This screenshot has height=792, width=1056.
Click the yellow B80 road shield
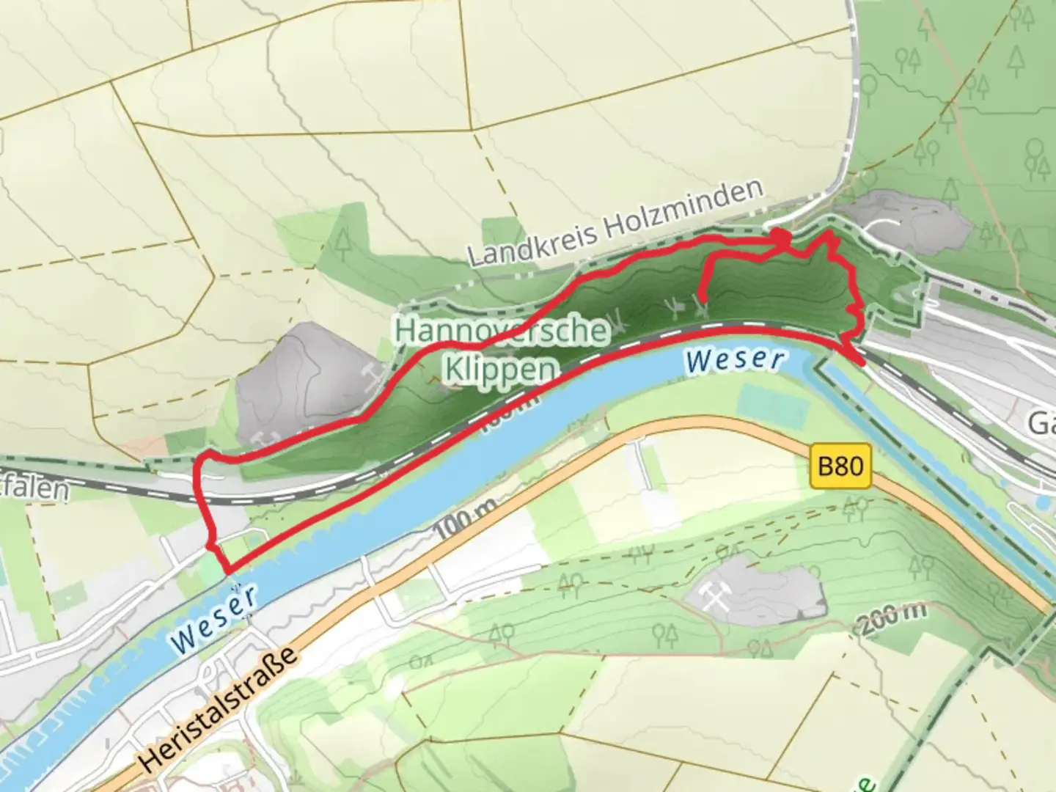(840, 466)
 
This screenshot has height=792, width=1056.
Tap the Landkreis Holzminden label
(615, 224)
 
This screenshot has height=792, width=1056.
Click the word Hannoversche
(502, 331)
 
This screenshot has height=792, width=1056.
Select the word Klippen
(500, 369)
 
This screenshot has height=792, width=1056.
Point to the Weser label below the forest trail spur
(736, 360)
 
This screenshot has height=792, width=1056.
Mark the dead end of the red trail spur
(703, 298)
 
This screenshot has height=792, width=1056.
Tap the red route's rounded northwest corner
(201, 462)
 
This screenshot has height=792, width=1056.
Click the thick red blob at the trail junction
(782, 238)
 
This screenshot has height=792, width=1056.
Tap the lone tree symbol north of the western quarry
(342, 242)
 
